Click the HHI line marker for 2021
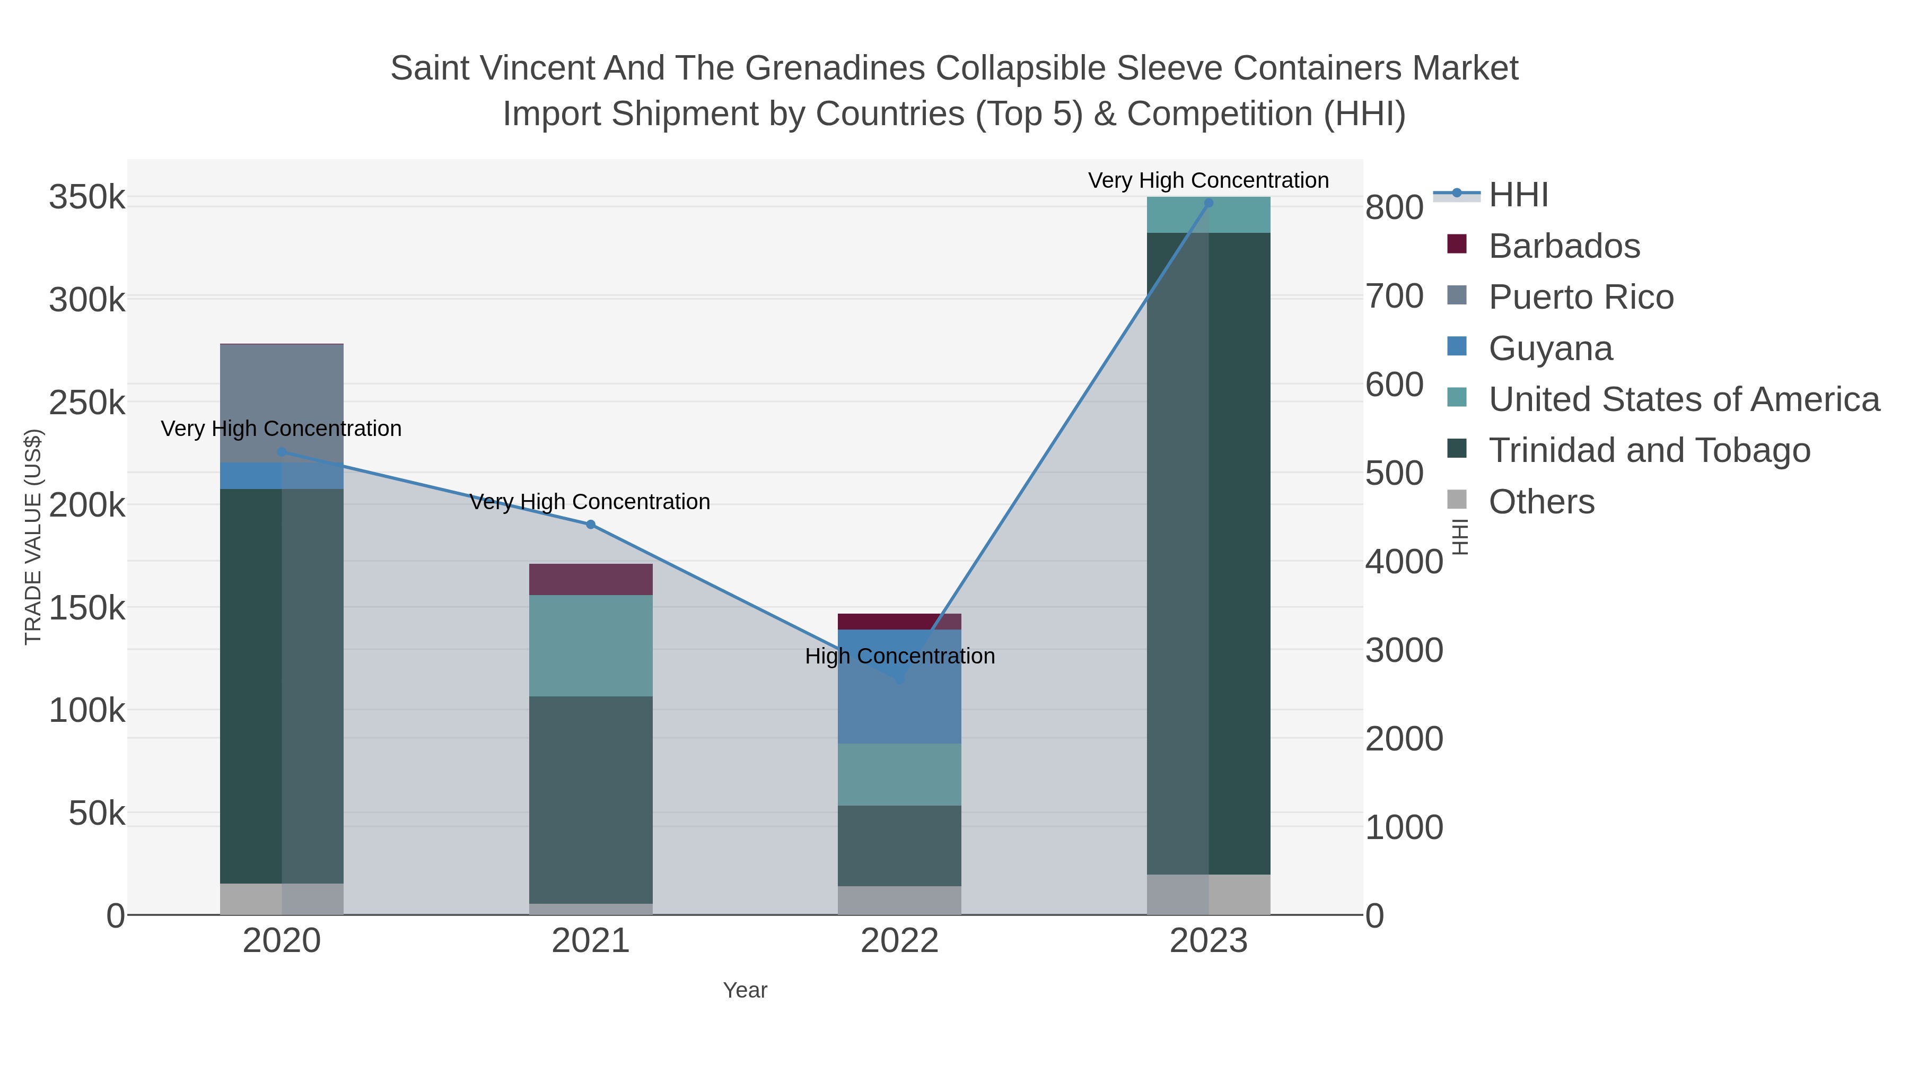point(591,525)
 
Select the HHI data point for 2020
point(282,452)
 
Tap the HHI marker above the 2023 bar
point(1209,203)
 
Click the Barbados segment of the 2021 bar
point(591,580)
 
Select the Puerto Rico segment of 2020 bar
point(282,403)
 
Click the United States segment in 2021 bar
point(591,645)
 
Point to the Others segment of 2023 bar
point(1209,895)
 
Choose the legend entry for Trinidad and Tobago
point(1649,451)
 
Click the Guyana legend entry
point(1551,348)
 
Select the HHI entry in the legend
point(1518,195)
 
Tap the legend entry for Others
point(1542,502)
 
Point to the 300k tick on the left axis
point(87,301)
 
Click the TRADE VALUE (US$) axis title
point(33,537)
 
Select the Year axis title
point(745,990)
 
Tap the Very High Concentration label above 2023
point(1208,181)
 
